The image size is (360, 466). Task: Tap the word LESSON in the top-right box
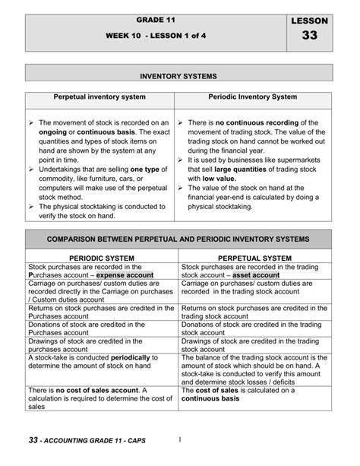click(309, 21)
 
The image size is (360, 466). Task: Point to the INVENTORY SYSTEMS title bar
click(179, 77)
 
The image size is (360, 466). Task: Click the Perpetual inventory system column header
click(99, 99)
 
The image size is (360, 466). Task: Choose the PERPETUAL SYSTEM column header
click(255, 258)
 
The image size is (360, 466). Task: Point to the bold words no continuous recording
click(248, 122)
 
